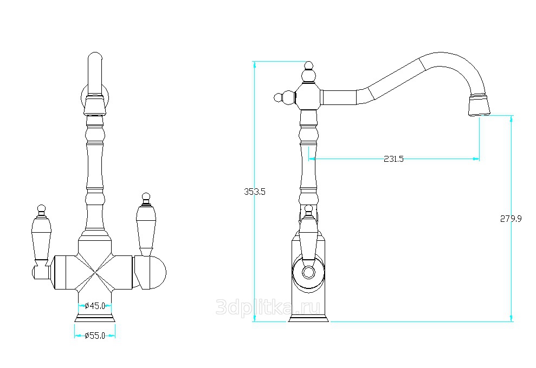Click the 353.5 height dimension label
[x=255, y=192]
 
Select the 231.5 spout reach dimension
[x=394, y=159]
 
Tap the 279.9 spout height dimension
[x=511, y=219]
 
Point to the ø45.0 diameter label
[x=95, y=306]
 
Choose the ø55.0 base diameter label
[x=95, y=336]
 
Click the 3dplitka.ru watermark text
[x=268, y=307]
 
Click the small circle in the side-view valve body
[x=308, y=272]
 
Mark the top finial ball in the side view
[x=309, y=65]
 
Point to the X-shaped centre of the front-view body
[x=95, y=272]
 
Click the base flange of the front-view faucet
[x=95, y=318]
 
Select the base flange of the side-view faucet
[x=309, y=318]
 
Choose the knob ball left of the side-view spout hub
[x=279, y=97]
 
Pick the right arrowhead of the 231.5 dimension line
[x=476, y=159]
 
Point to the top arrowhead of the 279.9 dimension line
[x=512, y=119]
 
